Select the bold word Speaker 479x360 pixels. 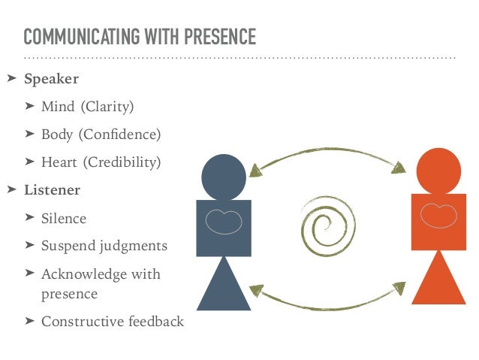52,78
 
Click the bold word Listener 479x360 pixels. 53,190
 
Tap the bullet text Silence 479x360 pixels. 64,219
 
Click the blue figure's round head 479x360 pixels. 224,176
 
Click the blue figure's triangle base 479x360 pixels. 224,286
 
